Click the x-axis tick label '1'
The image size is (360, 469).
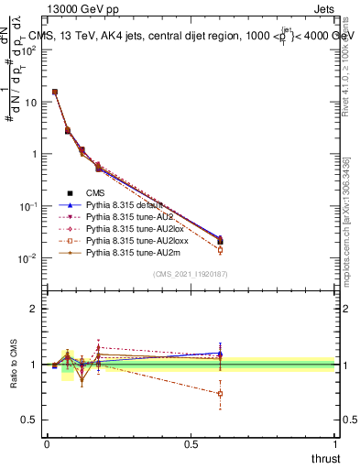tap(336, 444)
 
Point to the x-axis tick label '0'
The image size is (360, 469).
tap(47, 444)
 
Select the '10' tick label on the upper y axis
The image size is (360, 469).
tap(30, 102)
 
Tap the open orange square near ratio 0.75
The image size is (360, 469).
tap(220, 394)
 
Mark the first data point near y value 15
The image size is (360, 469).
tap(55, 92)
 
